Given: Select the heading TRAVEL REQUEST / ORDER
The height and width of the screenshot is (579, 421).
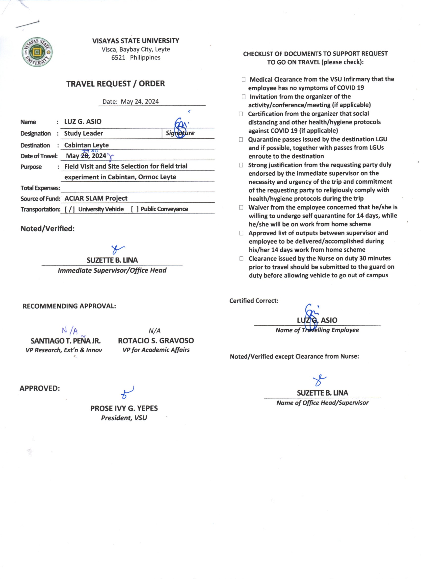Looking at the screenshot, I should click(x=115, y=84).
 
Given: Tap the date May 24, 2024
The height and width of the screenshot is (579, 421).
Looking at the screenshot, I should click(x=139, y=102).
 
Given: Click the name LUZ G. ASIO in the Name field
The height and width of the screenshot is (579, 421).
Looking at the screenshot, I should click(x=83, y=121).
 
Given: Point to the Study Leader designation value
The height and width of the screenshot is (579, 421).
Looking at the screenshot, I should click(x=83, y=133).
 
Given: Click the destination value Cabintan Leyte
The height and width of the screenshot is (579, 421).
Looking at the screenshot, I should click(x=86, y=145).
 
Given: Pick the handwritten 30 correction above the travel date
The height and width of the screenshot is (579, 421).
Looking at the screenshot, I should click(x=95, y=151).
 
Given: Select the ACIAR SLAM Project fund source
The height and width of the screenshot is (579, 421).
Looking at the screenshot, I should click(x=96, y=198).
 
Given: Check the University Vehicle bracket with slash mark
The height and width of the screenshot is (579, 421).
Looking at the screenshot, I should click(x=70, y=209).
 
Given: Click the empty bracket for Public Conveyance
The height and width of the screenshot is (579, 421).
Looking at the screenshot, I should click(x=135, y=209).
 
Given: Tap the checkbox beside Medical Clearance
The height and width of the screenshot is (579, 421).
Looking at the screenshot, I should click(x=244, y=80).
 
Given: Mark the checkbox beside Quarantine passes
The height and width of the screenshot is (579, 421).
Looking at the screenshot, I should click(x=241, y=140).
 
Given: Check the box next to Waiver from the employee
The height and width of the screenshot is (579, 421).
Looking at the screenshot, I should click(x=241, y=208).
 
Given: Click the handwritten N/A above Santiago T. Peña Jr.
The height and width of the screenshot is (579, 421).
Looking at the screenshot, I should click(x=70, y=331).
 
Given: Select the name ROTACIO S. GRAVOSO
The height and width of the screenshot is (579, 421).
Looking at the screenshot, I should click(x=156, y=341).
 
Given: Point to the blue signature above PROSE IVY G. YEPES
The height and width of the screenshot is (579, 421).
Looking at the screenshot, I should click(x=127, y=393).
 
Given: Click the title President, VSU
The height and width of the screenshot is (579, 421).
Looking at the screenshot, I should click(x=124, y=418).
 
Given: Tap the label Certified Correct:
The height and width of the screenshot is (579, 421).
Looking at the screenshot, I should click(x=254, y=301).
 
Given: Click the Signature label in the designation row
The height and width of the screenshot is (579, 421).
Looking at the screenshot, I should click(x=180, y=133).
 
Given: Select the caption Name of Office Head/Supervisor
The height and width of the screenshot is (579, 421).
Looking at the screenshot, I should click(x=322, y=403).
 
